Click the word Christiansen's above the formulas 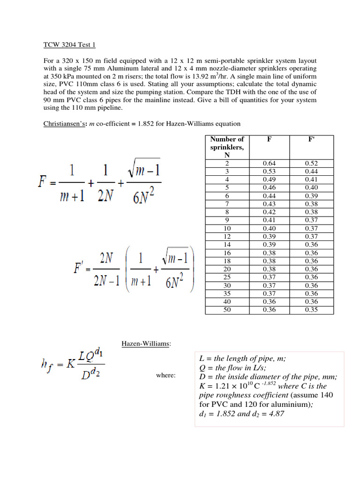click(56, 124)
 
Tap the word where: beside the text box click(165, 376)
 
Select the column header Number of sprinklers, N click(227, 147)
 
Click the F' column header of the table click(311, 139)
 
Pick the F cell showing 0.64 click(269, 163)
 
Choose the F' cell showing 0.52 click(311, 163)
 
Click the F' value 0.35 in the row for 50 click(311, 310)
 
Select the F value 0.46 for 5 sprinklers click(269, 187)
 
